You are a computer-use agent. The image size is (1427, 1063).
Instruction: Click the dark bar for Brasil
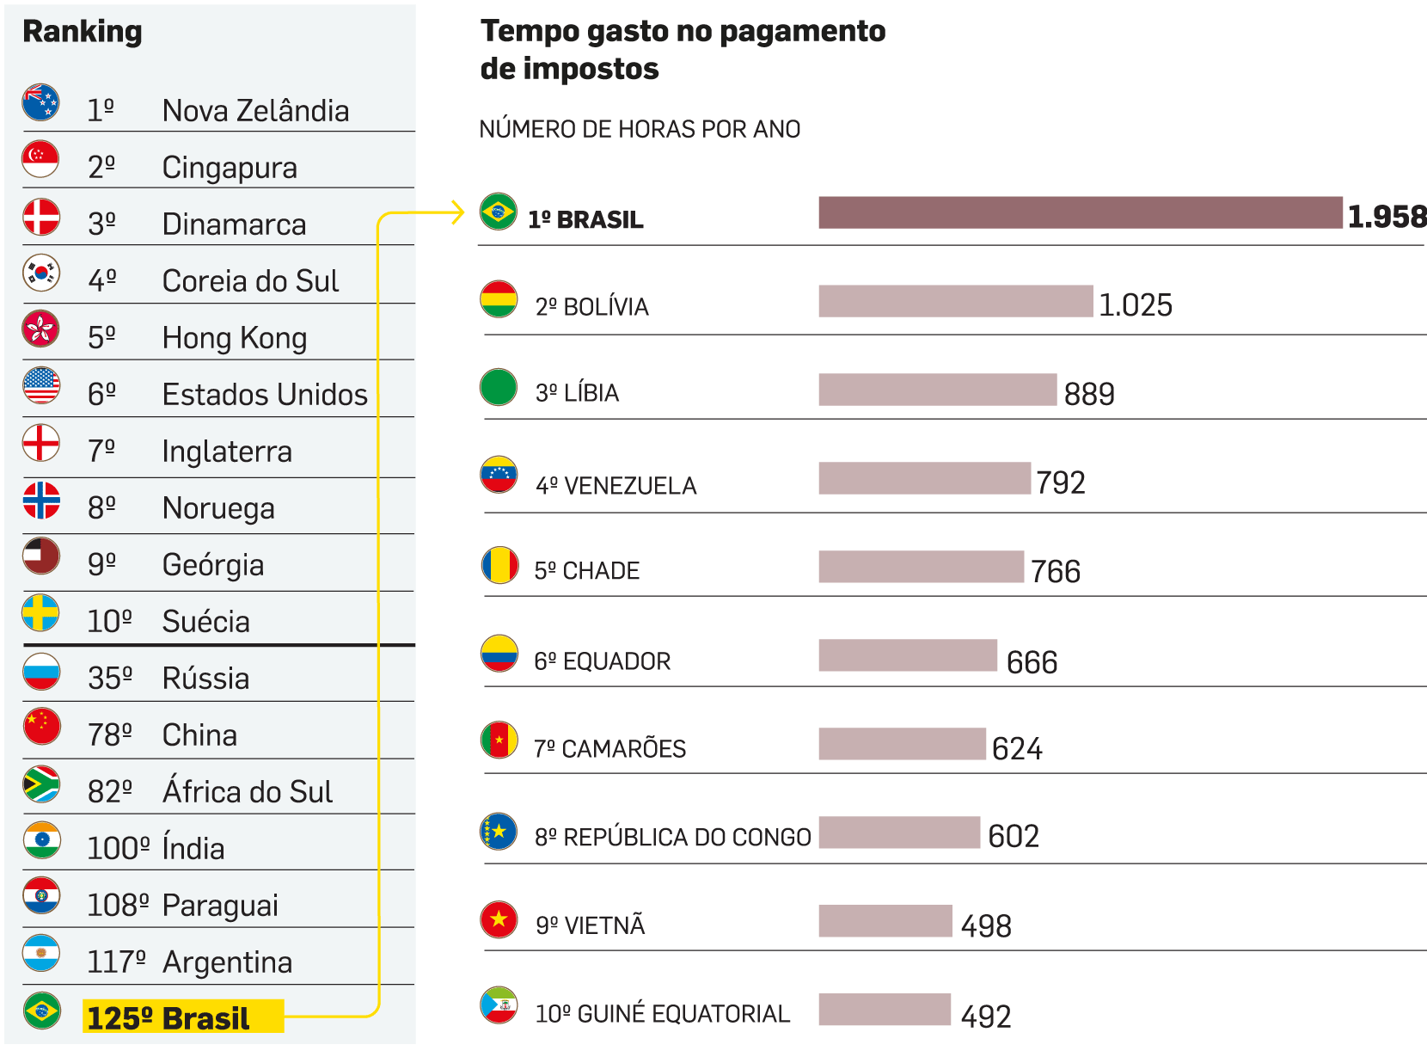coord(1080,212)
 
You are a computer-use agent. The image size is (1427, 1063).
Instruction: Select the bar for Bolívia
coord(955,301)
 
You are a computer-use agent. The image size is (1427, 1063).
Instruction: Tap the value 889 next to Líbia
coord(1089,394)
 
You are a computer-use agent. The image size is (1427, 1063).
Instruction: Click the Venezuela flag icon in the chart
coord(499,475)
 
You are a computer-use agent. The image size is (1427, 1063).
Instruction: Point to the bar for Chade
coord(921,567)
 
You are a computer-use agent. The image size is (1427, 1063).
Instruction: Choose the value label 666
coord(1032,662)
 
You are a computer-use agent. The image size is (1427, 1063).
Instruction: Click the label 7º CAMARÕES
coord(609,748)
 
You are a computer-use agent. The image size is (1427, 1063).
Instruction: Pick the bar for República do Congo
coord(899,833)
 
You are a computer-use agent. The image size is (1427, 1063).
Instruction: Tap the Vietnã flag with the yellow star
coord(499,919)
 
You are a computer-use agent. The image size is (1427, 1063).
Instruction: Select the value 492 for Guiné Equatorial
coord(986,1017)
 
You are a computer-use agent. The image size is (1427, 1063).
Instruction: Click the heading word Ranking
coord(83,32)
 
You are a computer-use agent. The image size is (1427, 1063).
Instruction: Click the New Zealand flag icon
coord(40,102)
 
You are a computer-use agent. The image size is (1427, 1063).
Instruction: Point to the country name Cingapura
coord(230,167)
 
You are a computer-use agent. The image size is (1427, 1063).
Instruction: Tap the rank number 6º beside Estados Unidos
coord(101,394)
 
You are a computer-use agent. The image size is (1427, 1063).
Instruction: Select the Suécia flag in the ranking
coord(40,613)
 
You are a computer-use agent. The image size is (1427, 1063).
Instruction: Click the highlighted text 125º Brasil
coord(168,1017)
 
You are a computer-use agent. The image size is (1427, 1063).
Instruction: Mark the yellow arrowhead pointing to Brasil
coord(456,212)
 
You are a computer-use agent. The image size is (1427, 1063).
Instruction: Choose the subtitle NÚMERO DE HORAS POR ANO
coord(640,129)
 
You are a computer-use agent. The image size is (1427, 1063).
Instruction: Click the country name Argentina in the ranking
coord(228,962)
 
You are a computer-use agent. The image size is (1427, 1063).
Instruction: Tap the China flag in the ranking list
coord(41,727)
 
